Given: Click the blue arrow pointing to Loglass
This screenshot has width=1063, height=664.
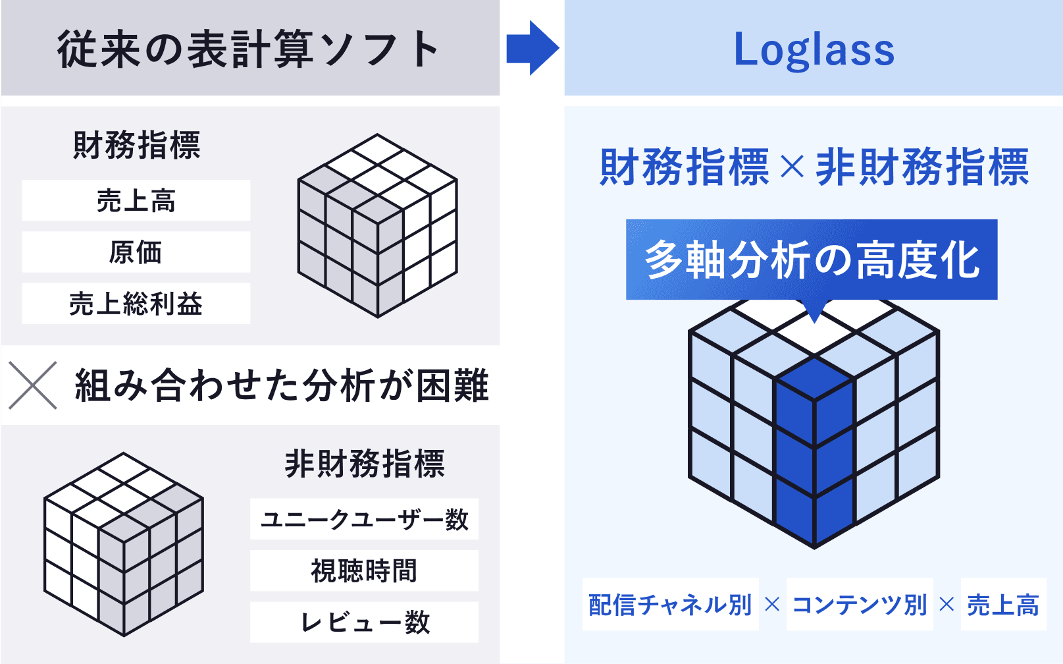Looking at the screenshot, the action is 532,48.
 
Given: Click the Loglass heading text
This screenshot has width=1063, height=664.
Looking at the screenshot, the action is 814,50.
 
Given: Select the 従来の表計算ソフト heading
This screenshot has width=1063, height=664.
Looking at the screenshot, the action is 247,49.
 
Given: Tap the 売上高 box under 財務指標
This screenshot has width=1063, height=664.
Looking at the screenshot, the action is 136,200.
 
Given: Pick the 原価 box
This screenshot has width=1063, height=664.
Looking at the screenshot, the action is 136,252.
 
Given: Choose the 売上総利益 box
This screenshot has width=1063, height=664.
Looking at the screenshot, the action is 136,304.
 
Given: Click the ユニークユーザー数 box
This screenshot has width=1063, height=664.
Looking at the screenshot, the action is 365,518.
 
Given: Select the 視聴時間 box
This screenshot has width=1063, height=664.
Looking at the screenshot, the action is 365,570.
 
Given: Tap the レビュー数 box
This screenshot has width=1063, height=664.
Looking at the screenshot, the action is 365,622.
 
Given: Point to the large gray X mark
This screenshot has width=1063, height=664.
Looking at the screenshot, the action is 33,385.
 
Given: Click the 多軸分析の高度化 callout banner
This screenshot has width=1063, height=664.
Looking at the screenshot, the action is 812,260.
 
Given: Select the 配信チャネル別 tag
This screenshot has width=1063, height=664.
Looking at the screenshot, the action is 671,604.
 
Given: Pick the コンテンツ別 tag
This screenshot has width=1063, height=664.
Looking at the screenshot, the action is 860,604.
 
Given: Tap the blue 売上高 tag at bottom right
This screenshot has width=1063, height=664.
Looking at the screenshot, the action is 1004,604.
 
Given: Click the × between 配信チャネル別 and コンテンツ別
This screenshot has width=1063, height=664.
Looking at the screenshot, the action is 773,604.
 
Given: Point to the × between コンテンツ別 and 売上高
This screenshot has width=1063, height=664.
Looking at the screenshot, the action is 946,604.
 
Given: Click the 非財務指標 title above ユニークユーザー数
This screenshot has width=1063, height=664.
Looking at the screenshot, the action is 365,464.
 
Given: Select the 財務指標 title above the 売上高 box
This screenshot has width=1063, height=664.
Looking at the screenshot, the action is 137,145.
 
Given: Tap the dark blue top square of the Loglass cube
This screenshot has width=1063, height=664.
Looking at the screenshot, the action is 814,379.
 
